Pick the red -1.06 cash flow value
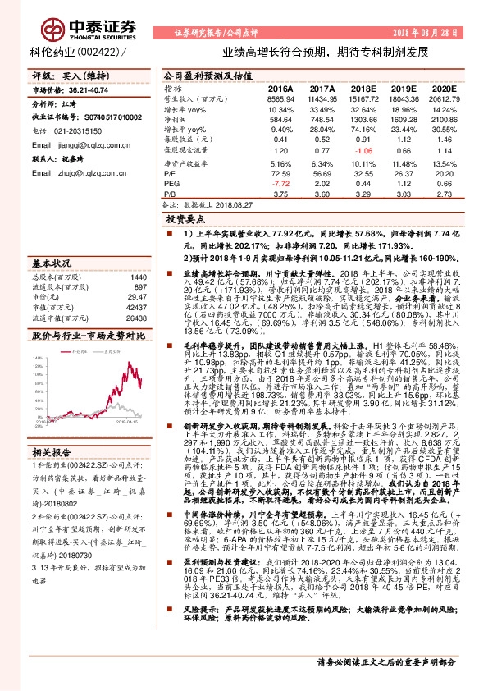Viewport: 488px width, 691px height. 362,151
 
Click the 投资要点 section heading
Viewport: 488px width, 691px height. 185,222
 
